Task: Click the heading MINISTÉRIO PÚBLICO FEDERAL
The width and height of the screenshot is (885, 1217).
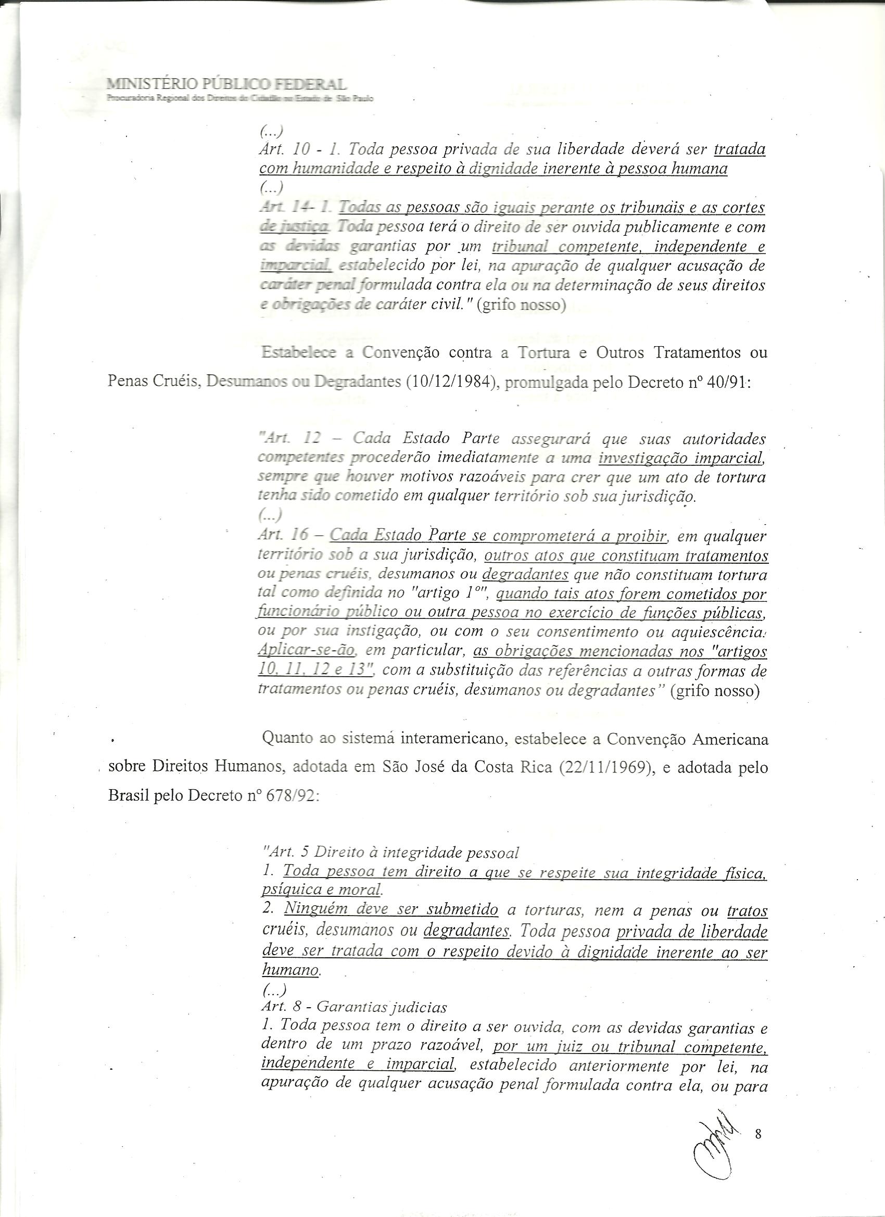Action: pos(226,84)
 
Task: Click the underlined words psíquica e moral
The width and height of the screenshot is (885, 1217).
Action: pos(321,890)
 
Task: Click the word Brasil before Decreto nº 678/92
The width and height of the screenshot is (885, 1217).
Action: pos(129,796)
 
